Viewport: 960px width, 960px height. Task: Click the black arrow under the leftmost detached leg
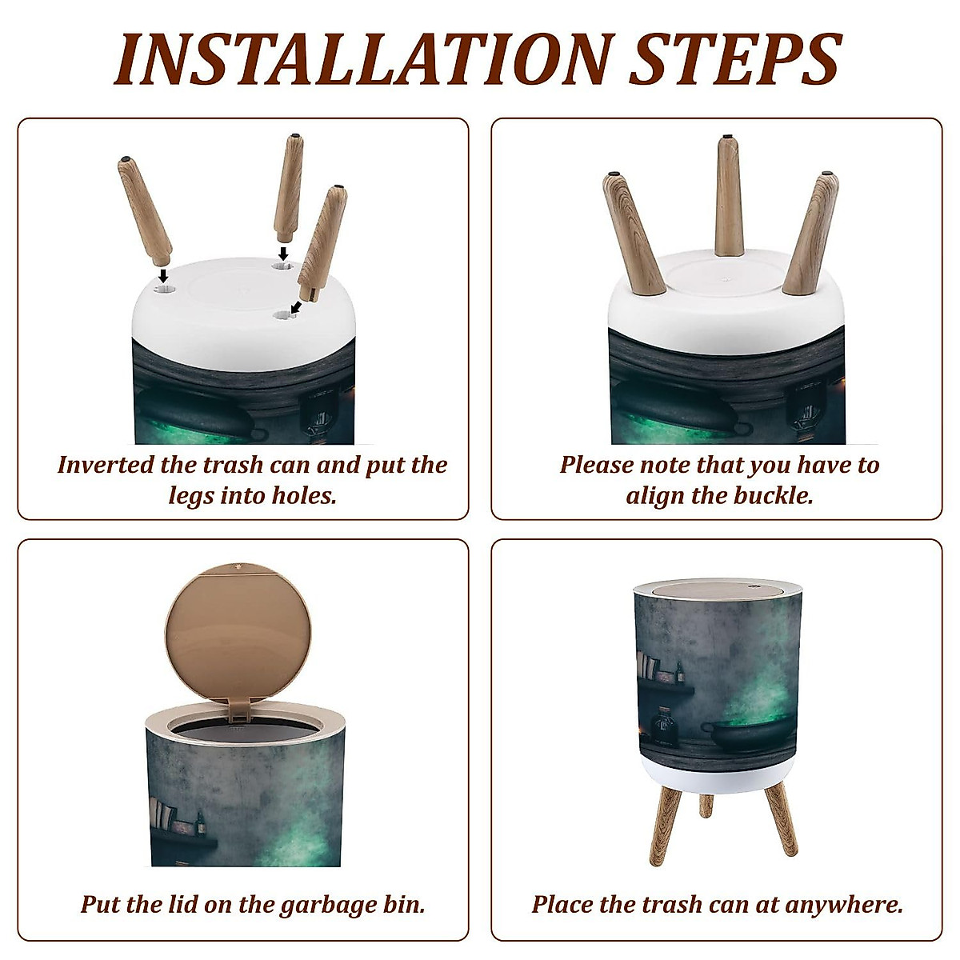pos(162,275)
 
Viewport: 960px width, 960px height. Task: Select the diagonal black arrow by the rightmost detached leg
pos(296,306)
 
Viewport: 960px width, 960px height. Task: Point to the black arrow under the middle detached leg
pos(283,253)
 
